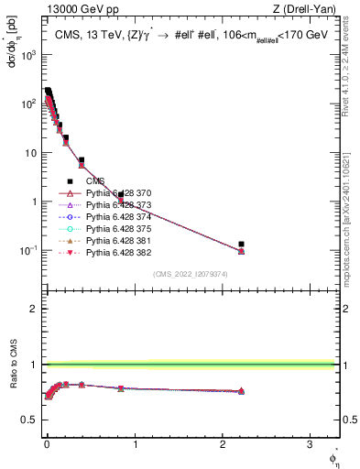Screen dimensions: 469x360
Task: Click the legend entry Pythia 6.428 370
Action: [119, 193]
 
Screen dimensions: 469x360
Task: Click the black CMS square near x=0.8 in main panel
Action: [121, 195]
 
